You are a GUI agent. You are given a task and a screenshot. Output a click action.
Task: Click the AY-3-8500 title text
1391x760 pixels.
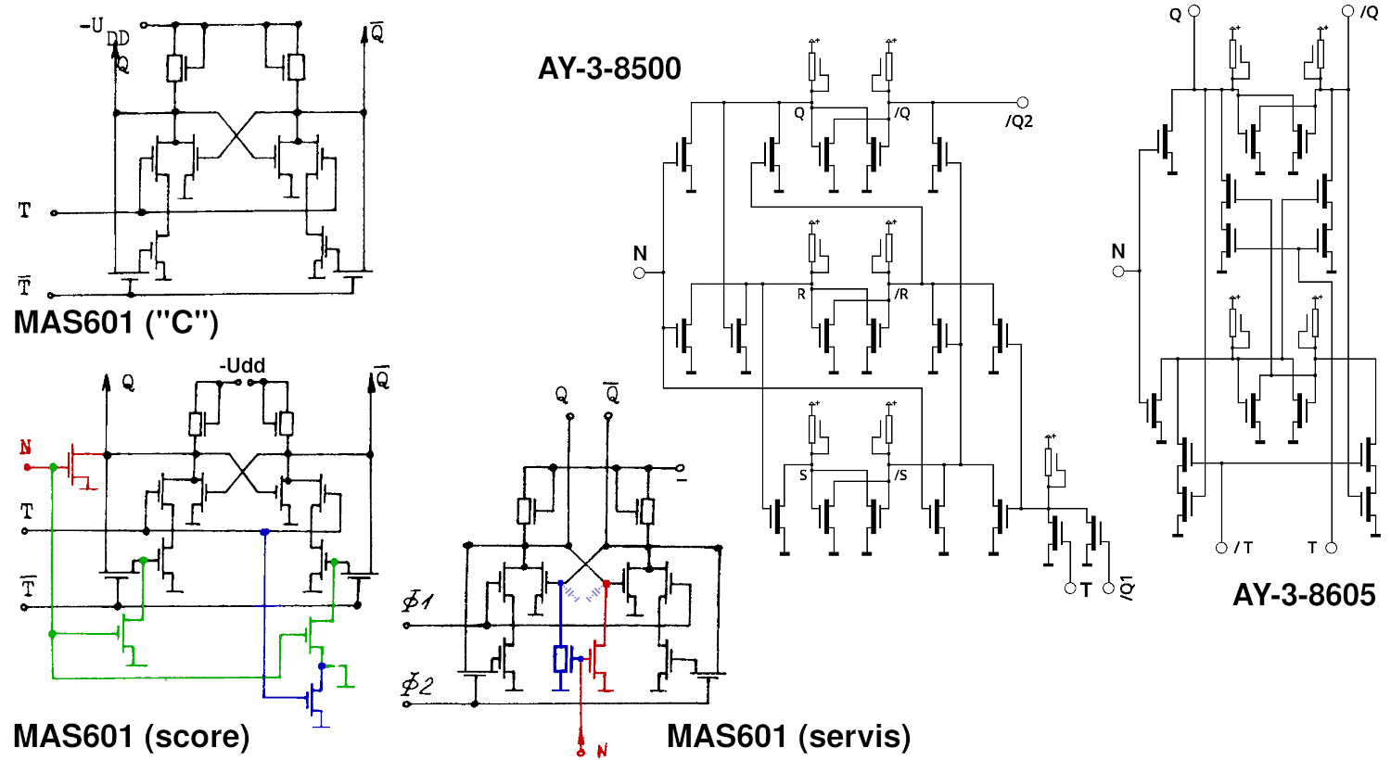point(609,69)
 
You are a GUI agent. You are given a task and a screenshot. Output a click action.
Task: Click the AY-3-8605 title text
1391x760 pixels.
point(1303,594)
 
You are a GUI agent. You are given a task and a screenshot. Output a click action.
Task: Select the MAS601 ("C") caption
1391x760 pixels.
point(116,323)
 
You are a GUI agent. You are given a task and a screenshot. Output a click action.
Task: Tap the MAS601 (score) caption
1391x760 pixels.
point(131,736)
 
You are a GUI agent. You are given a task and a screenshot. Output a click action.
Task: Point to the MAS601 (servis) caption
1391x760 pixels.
point(788,736)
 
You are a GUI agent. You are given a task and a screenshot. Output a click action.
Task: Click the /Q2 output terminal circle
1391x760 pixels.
point(1023,103)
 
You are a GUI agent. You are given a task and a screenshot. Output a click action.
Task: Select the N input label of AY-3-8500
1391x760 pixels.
point(640,254)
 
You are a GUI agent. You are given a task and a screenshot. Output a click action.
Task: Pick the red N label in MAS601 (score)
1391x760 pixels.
point(26,449)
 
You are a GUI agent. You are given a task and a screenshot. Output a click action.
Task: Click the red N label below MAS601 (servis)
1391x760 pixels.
point(601,750)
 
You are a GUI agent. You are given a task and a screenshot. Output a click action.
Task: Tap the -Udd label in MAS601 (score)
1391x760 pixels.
point(242,366)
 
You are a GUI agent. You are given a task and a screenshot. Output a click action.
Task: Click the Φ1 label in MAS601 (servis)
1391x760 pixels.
point(417,602)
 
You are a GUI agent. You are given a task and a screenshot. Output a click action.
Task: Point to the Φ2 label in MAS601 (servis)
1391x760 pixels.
point(417,686)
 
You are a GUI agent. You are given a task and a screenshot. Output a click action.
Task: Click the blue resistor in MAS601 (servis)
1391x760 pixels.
point(560,658)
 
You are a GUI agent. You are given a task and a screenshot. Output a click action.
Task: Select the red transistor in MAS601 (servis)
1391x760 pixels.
point(599,660)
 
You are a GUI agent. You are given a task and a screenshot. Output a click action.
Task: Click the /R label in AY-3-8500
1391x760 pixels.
point(900,294)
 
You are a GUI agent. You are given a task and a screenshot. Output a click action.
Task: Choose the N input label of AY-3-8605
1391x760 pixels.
point(1118,251)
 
